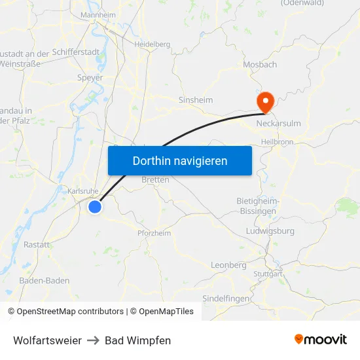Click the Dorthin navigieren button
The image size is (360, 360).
(x=180, y=160)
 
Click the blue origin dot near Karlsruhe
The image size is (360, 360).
(x=95, y=207)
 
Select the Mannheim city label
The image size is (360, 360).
(x=98, y=14)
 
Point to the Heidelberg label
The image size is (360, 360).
(x=152, y=45)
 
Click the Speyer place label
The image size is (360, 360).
(x=91, y=77)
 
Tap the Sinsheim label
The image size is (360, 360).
(x=196, y=100)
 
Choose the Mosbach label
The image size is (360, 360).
(x=260, y=64)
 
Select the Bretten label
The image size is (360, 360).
(x=156, y=179)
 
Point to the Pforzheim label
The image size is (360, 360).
(x=154, y=233)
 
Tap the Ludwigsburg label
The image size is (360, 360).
(x=270, y=231)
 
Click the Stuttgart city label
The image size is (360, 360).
(x=266, y=274)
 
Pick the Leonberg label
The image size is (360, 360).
(x=228, y=265)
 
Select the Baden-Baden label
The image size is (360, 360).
(x=45, y=280)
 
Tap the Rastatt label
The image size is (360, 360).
(x=37, y=244)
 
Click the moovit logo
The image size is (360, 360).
(x=321, y=340)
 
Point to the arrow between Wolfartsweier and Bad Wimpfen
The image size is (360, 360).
(x=93, y=340)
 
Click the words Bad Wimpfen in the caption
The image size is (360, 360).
(x=137, y=340)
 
